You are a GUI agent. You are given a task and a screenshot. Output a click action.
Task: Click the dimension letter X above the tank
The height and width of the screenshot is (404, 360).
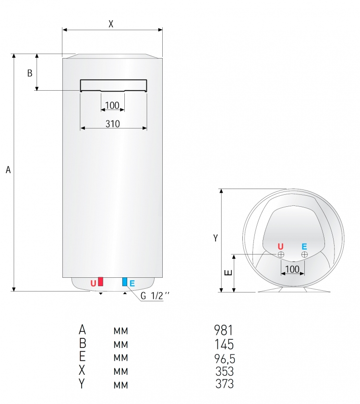(x=111, y=24)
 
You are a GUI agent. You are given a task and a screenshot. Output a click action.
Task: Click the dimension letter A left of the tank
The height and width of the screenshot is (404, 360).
(x=8, y=170)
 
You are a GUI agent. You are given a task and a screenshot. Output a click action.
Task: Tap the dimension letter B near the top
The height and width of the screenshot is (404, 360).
(x=30, y=73)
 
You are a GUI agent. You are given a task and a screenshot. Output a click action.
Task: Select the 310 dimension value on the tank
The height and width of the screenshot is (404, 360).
(x=113, y=124)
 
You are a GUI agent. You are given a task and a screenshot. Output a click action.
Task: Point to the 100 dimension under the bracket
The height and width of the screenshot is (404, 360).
(x=112, y=106)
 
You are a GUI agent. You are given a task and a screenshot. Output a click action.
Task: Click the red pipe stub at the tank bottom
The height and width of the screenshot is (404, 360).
(x=100, y=281)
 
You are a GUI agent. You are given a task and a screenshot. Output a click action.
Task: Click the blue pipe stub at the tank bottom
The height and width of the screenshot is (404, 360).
(x=125, y=282)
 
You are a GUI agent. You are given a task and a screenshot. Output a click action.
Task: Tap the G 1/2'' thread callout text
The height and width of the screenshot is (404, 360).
(x=155, y=296)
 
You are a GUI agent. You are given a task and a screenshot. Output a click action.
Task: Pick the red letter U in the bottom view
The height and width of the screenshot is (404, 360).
(x=281, y=247)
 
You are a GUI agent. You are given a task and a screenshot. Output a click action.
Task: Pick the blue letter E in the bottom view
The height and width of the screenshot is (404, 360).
(x=304, y=247)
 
